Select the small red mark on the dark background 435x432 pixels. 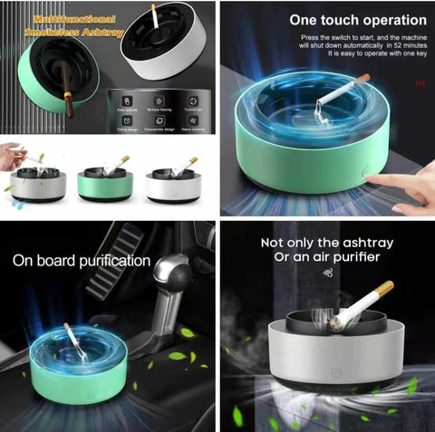click(419, 84)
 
